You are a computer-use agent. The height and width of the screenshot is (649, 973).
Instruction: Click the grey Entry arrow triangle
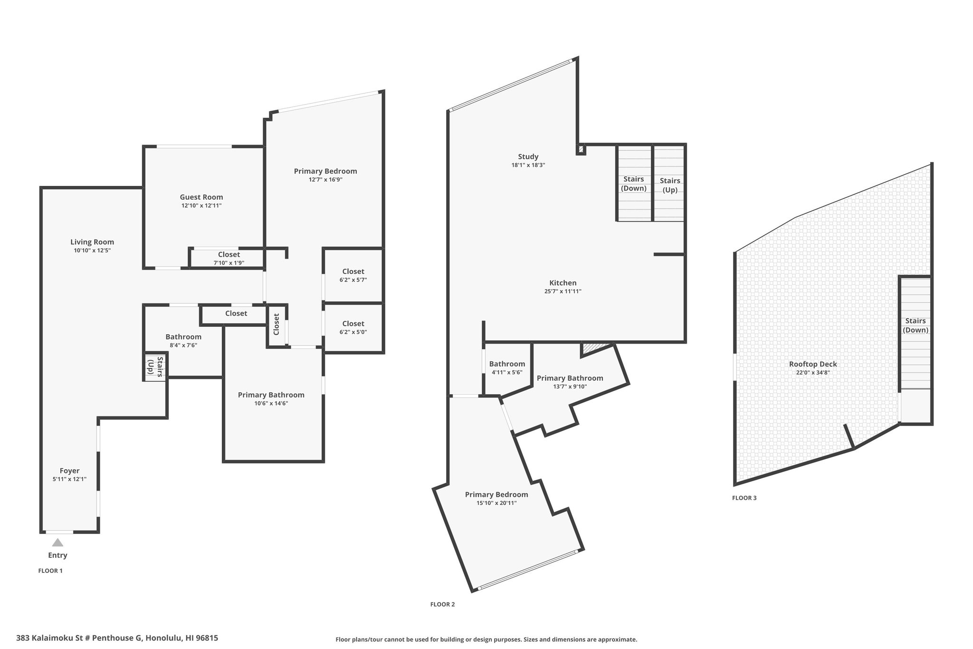point(57,542)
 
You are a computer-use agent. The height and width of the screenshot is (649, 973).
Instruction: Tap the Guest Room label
point(201,197)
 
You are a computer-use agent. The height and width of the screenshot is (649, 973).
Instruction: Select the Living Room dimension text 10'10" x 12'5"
point(92,250)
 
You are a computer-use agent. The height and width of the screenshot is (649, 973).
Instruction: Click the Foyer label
point(69,471)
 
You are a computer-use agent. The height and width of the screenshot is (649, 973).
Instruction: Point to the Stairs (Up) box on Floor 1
point(155,367)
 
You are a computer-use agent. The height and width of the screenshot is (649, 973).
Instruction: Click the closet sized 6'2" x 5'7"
point(353,275)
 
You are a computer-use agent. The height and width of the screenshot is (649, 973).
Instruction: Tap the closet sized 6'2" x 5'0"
point(353,328)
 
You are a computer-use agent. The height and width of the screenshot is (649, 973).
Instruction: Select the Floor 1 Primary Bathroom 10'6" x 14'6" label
point(271,399)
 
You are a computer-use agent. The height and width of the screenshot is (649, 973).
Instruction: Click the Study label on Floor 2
point(528,156)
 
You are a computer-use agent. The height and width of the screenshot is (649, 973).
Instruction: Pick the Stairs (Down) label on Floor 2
point(634,184)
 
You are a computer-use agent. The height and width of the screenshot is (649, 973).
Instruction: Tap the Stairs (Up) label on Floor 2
point(670,185)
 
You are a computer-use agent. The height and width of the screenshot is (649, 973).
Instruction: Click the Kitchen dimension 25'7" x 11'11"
point(563,291)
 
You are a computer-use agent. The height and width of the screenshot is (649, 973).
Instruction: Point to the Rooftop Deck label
point(813,364)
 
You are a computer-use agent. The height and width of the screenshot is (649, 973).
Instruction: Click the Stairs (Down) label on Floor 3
point(916,325)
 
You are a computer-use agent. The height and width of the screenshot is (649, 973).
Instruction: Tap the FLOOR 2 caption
point(442,604)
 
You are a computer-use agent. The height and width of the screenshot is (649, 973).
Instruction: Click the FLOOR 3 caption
point(744,498)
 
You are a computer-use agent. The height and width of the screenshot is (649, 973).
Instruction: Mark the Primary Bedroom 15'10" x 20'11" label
point(496,498)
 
